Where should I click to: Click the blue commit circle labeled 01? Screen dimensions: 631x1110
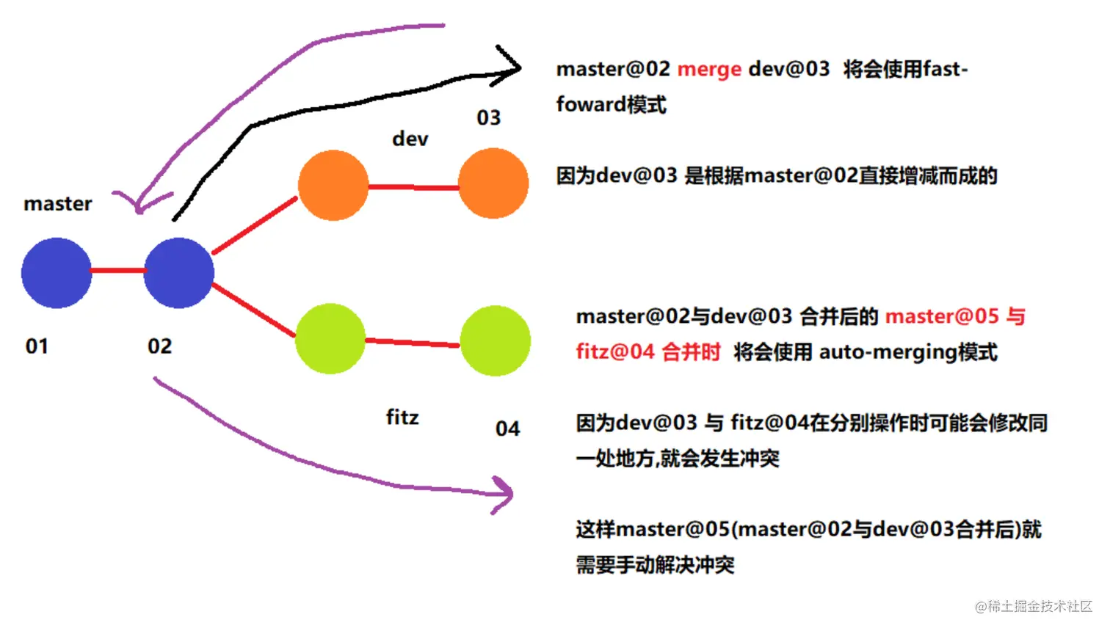point(57,273)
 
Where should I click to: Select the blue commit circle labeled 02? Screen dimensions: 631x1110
point(178,273)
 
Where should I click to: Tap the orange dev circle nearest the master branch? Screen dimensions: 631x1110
point(333,186)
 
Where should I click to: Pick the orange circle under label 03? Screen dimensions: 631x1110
point(493,184)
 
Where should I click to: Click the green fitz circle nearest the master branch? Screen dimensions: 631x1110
point(330,339)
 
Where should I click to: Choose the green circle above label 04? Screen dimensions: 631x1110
point(495,341)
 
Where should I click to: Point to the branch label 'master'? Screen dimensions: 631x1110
point(58,204)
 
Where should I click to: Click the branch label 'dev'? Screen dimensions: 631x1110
point(410,139)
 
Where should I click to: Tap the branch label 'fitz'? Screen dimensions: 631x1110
point(402,417)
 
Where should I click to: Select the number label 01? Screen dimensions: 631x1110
point(37,346)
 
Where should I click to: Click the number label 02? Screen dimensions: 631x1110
point(159,346)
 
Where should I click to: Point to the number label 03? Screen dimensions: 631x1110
point(488,117)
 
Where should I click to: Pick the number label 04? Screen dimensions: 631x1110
point(507,428)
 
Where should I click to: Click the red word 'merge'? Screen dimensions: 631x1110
point(708,70)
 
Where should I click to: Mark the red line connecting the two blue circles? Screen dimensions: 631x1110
point(117,271)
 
